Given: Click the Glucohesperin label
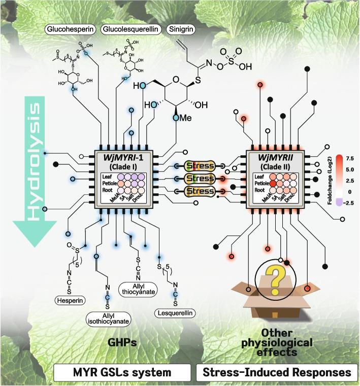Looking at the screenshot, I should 71,29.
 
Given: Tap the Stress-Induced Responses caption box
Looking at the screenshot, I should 276,372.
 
